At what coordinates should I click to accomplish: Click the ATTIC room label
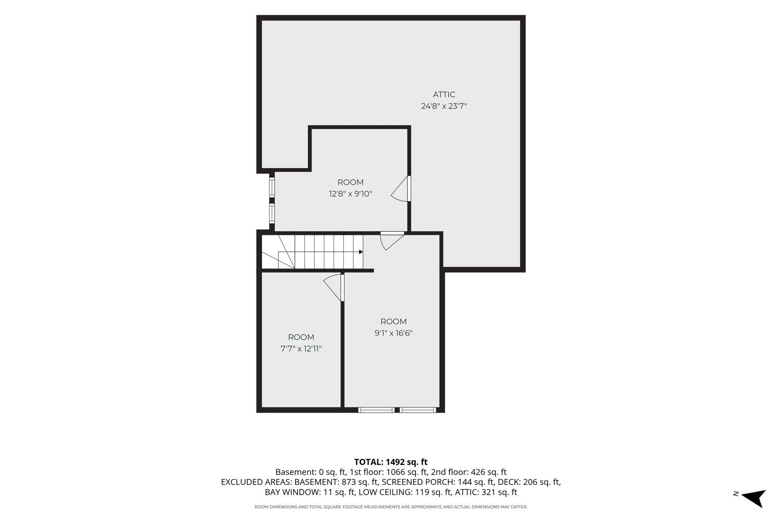[444, 95]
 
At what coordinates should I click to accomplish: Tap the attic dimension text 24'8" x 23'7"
[444, 106]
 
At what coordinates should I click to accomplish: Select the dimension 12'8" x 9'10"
[351, 194]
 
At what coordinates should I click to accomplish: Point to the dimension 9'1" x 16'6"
[393, 333]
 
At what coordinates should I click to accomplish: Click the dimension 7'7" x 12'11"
[301, 349]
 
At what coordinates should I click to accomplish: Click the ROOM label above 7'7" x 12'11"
[301, 337]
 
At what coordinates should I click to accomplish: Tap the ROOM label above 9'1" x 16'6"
[393, 322]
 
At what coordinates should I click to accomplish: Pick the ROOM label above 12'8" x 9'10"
[351, 182]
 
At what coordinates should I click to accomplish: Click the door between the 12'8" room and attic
[401, 188]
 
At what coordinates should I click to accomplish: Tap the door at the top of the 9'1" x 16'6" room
[392, 241]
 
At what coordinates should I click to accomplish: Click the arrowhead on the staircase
[361, 252]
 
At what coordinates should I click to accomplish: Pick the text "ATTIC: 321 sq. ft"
[486, 492]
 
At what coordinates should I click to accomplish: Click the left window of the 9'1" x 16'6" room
[376, 410]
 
